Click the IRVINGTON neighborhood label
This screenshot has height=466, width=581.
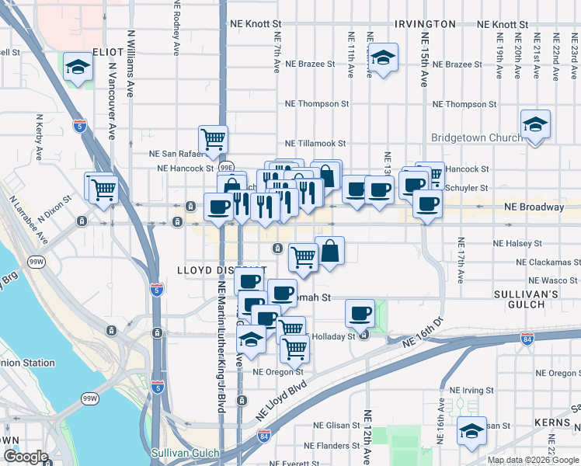[425, 24]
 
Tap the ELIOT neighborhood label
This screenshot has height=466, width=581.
[108, 51]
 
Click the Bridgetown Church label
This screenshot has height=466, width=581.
[477, 138]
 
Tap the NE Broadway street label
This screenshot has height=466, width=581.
[534, 207]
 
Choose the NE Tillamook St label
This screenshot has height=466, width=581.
[315, 144]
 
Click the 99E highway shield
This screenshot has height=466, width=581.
[226, 167]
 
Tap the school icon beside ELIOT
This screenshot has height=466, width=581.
[78, 67]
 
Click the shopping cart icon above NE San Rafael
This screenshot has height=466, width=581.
[213, 140]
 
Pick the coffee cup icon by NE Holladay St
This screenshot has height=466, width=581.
[360, 313]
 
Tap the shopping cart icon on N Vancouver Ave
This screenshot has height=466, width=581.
[103, 187]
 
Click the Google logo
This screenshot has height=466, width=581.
[26, 457]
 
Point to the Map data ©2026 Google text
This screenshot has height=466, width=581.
[532, 460]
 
